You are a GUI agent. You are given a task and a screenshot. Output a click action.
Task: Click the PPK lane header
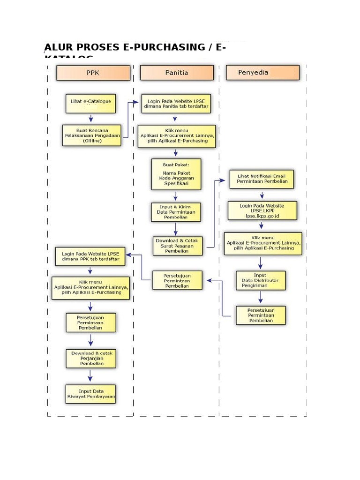click(x=93, y=73)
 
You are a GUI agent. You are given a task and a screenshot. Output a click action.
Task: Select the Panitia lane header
click(x=177, y=73)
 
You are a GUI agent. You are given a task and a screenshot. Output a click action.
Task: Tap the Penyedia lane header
click(x=262, y=73)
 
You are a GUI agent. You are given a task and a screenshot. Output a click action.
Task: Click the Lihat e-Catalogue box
click(x=90, y=104)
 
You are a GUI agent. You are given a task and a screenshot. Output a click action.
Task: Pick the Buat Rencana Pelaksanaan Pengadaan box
click(x=92, y=135)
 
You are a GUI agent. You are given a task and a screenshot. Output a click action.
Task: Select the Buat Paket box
click(x=176, y=174)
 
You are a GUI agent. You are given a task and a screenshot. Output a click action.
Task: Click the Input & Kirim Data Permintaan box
click(x=176, y=212)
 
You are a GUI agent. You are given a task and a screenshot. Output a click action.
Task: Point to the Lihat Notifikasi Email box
click(x=262, y=179)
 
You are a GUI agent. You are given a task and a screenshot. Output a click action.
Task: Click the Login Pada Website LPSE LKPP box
click(x=262, y=211)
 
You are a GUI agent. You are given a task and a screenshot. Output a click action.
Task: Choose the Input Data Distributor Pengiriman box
click(x=260, y=280)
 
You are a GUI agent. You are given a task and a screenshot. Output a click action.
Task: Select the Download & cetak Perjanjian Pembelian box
click(x=91, y=358)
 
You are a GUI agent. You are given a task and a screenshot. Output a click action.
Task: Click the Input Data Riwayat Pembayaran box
click(x=91, y=394)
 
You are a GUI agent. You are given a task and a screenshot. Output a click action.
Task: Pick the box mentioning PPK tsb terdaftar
click(x=90, y=256)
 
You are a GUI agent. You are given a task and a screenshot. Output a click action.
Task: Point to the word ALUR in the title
click(x=58, y=48)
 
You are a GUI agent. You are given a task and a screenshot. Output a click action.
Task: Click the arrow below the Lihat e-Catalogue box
click(x=91, y=119)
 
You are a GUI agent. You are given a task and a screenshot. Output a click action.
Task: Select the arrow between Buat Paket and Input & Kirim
click(x=176, y=196)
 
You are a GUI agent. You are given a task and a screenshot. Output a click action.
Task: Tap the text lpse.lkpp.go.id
click(x=262, y=216)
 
